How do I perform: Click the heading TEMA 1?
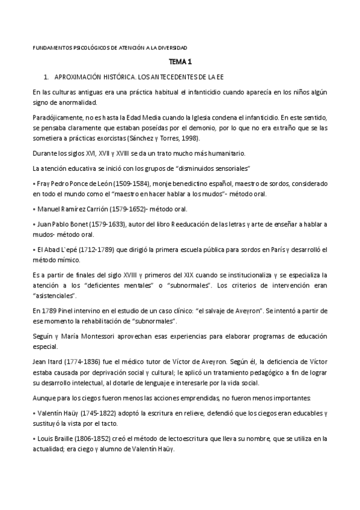(180, 62)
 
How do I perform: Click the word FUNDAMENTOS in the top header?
(49, 47)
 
